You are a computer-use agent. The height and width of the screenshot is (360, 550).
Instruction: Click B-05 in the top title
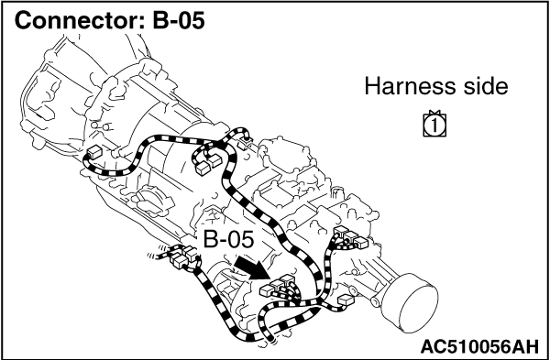pyautogui.click(x=179, y=21)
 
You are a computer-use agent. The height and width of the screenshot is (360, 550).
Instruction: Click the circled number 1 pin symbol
pyautogui.click(x=434, y=125)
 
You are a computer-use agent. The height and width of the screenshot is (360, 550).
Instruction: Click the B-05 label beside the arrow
pyautogui.click(x=228, y=240)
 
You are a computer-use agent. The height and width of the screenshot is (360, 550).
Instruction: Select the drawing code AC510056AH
pyautogui.click(x=478, y=346)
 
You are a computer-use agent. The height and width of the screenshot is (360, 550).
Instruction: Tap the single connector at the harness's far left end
pyautogui.click(x=94, y=152)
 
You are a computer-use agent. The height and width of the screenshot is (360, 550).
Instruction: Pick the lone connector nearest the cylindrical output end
pyautogui.click(x=346, y=300)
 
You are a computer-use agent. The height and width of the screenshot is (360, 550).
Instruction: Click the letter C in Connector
pyautogui.click(x=23, y=21)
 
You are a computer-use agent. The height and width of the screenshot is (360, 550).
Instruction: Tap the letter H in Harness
pyautogui.click(x=371, y=86)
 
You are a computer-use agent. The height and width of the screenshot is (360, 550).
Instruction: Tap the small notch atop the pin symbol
pyautogui.click(x=434, y=112)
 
